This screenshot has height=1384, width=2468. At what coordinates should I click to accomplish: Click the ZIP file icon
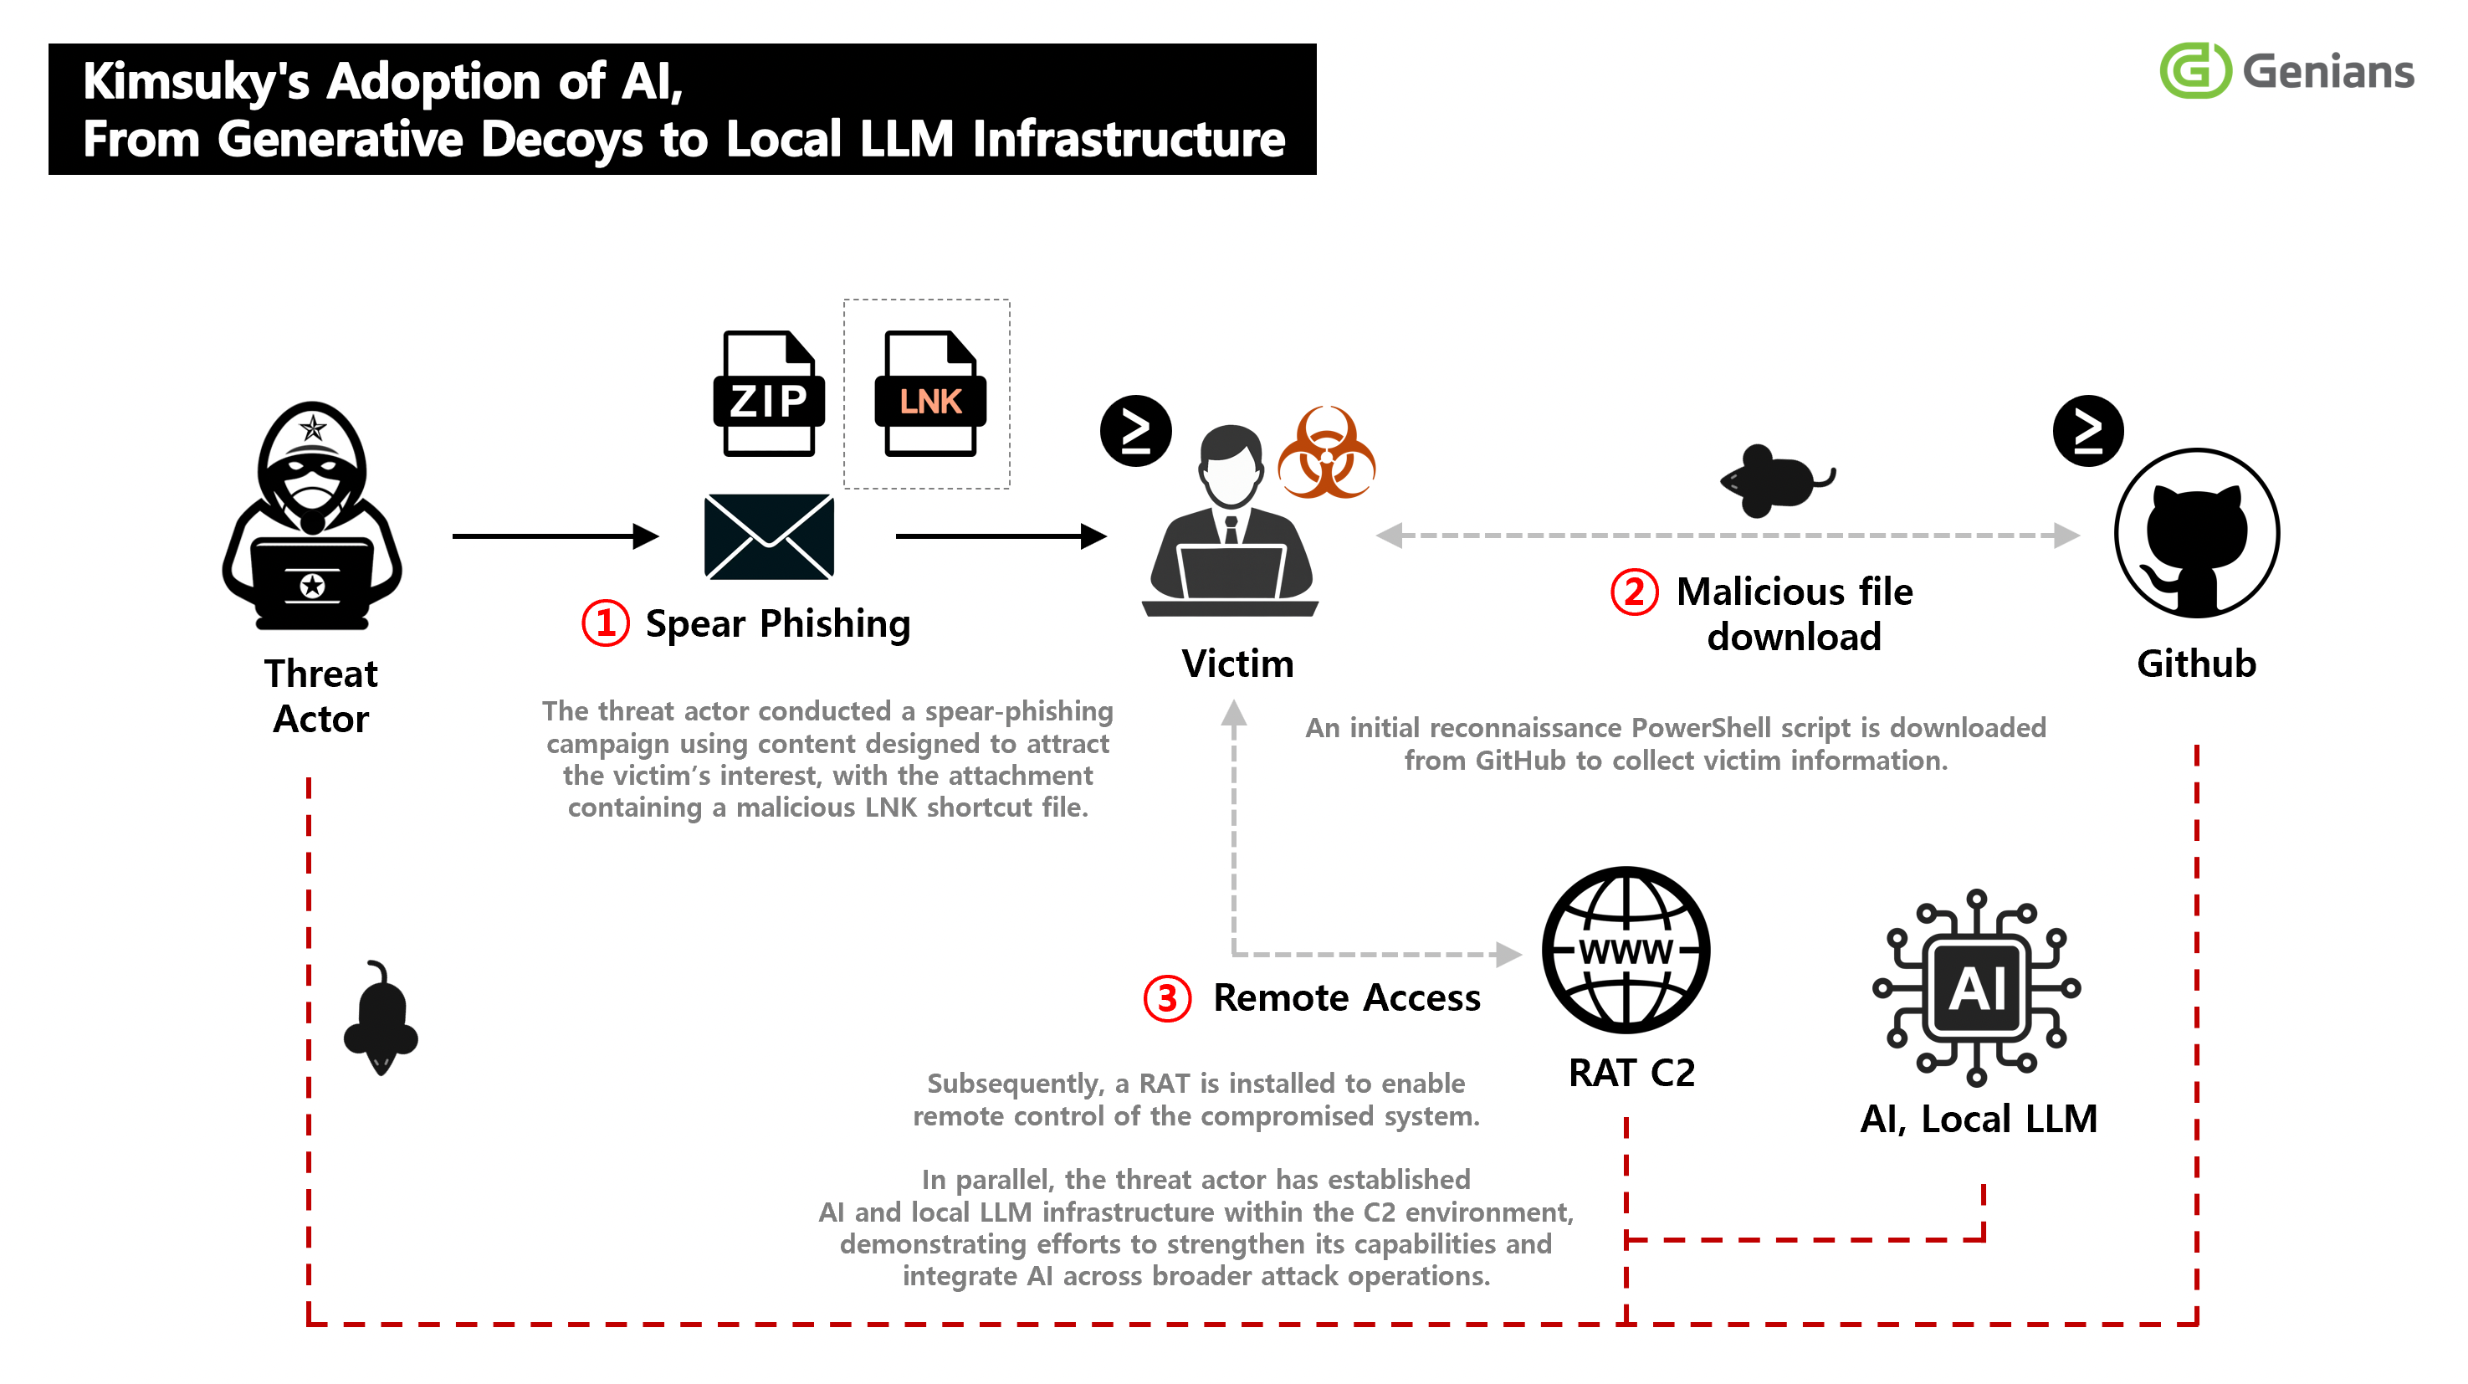point(768,393)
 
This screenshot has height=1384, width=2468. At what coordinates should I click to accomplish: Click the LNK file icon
point(929,393)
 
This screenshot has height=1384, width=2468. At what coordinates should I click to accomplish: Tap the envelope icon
point(768,536)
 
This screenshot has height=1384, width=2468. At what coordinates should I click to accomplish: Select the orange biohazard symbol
point(1327,453)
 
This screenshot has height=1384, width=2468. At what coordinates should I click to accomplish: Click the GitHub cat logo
point(2196,533)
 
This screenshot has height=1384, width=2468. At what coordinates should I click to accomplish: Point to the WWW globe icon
point(1626,950)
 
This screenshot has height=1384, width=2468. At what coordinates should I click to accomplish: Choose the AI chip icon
point(1977,988)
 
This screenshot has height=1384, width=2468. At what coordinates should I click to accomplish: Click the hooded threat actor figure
point(312,515)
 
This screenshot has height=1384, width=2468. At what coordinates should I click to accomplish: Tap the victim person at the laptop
point(1230,520)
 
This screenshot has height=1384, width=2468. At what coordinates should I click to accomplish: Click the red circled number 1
point(606,623)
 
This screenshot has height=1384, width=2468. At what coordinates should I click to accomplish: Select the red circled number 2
point(1634,592)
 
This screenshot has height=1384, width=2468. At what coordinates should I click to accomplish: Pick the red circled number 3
point(1167,999)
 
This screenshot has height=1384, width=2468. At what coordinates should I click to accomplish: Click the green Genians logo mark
point(2195,70)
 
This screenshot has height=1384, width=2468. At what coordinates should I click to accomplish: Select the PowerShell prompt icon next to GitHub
point(2087,430)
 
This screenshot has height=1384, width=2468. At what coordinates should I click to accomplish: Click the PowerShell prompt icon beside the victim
point(1135,430)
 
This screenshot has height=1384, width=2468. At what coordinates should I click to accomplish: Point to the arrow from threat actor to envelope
point(556,536)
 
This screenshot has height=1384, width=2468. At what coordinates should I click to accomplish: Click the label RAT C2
point(1631,1073)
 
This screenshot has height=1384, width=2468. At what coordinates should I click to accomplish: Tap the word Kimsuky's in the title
point(197,81)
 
